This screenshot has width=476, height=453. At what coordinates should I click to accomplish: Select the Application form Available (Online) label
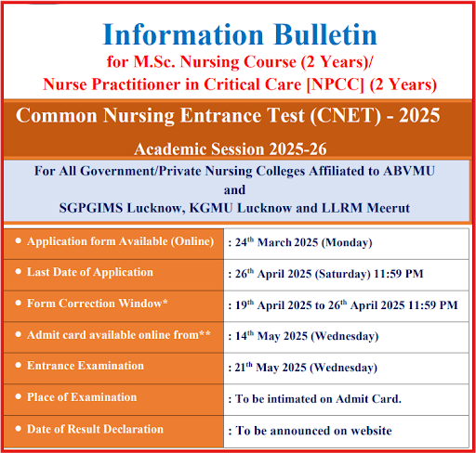click(x=116, y=241)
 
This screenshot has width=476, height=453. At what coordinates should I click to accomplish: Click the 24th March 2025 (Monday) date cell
click(x=300, y=242)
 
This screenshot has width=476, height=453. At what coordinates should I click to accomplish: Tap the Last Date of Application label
click(x=90, y=272)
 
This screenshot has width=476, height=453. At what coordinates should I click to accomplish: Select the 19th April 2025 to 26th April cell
click(x=343, y=304)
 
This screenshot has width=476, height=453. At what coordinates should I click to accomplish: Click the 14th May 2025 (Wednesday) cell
click(x=305, y=336)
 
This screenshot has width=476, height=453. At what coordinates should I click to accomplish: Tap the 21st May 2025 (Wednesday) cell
click(x=304, y=368)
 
